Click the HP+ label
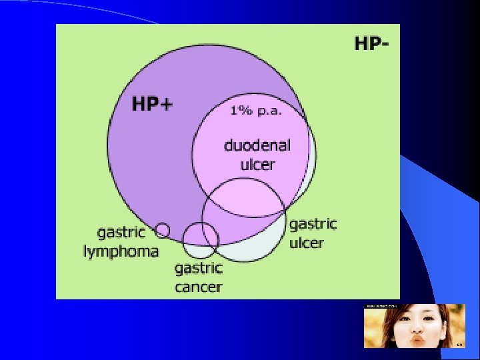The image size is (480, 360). coord(152,105)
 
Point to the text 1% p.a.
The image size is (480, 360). coord(256,111)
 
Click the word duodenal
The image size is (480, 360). coord(257,145)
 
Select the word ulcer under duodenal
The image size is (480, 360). coord(257,164)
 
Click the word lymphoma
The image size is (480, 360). coord(121,251)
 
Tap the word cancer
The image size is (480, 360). coord(198,287)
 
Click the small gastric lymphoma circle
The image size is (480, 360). coord(162,231)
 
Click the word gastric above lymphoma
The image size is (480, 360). coord(121,233)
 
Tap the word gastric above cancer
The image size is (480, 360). coord(198,269)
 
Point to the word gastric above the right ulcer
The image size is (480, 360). coord(313,223)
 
